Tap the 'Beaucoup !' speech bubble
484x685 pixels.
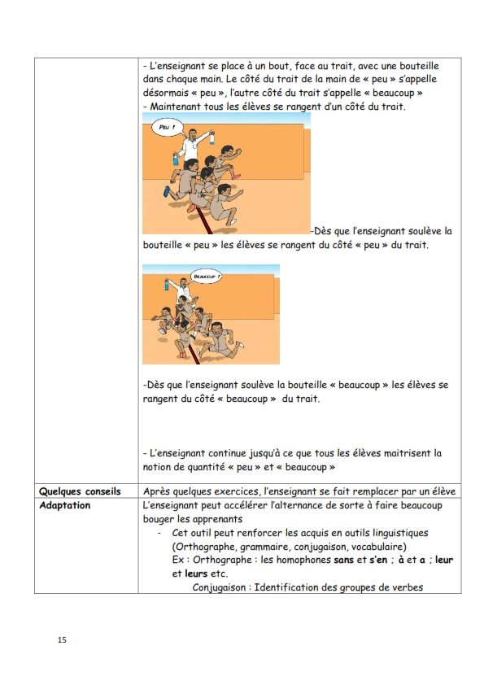207,277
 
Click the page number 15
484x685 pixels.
62,639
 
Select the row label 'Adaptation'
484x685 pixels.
64,505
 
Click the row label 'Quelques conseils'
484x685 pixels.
80,491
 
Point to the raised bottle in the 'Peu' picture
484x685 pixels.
211,137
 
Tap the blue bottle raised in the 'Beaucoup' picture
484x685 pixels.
167,285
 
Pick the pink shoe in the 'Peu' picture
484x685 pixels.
237,177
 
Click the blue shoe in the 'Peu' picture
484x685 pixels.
167,191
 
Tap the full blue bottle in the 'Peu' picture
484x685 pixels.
176,159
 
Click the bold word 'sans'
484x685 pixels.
343,560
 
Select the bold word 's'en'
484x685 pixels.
378,560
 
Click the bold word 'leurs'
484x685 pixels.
196,574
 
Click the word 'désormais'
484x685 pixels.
164,93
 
